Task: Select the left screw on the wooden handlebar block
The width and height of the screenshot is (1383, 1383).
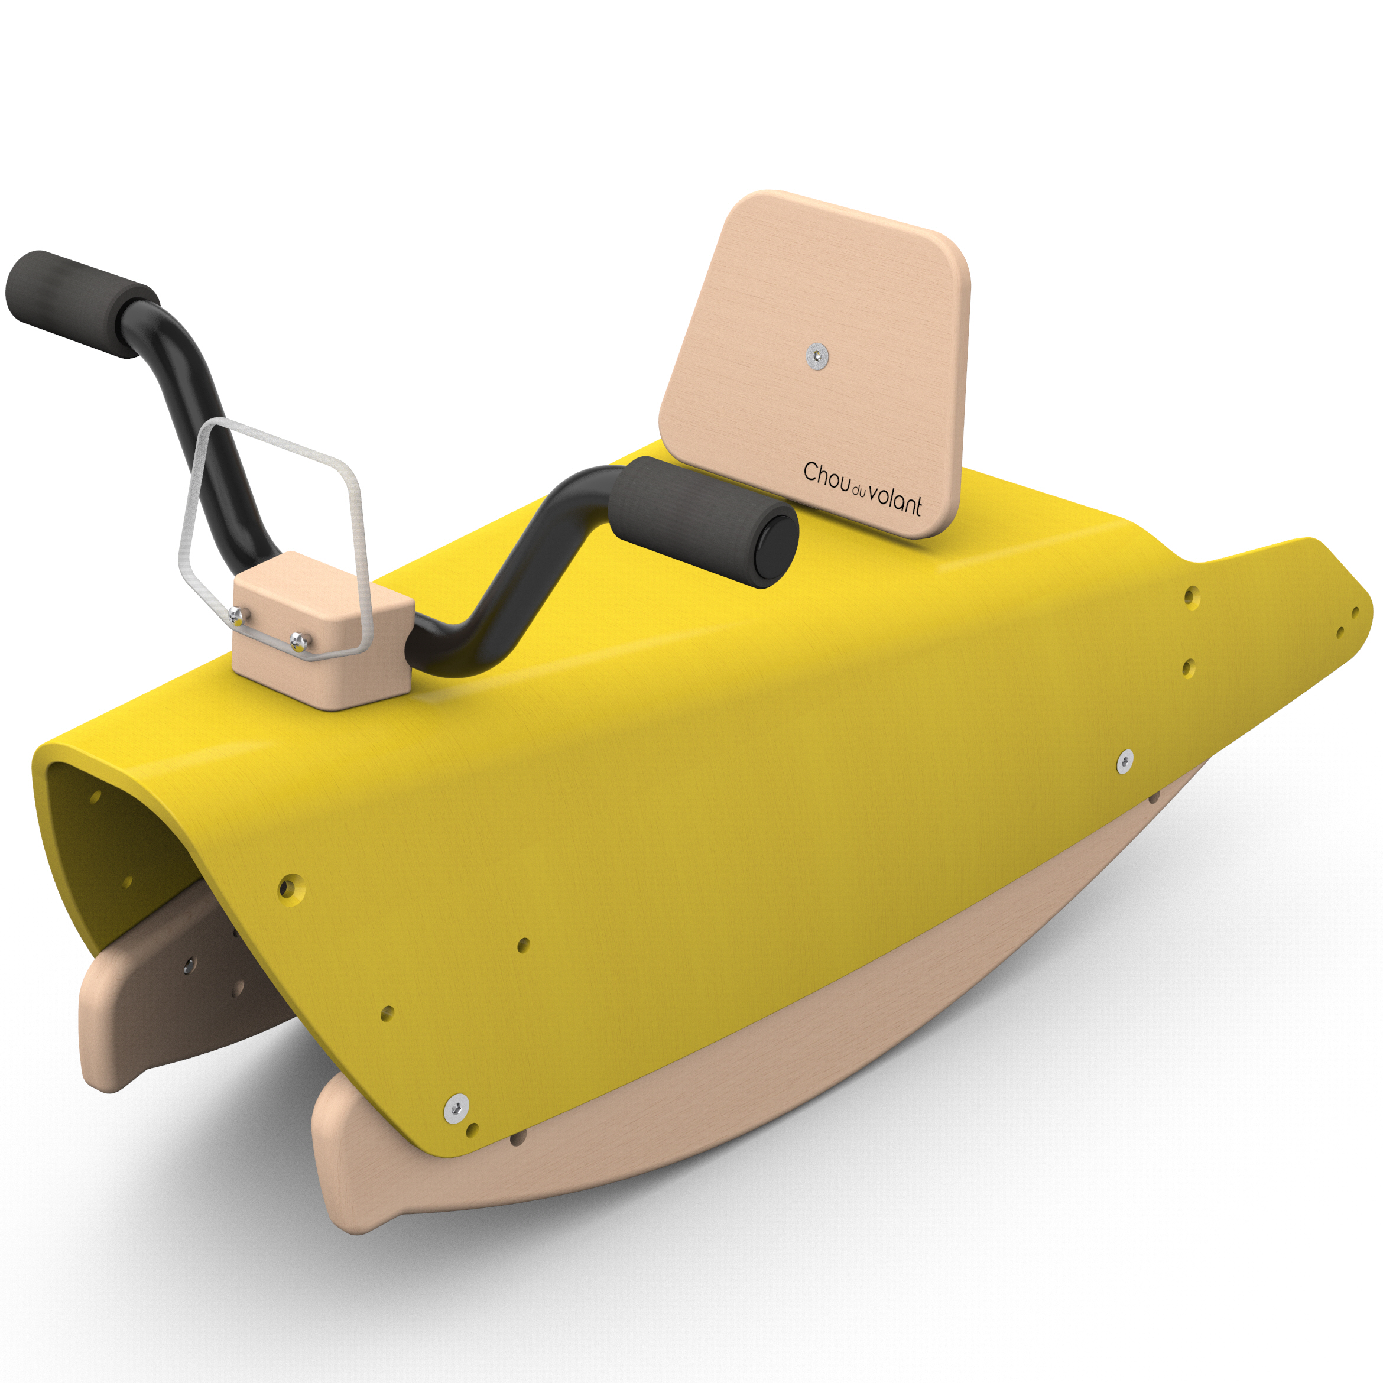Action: [x=238, y=614]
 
